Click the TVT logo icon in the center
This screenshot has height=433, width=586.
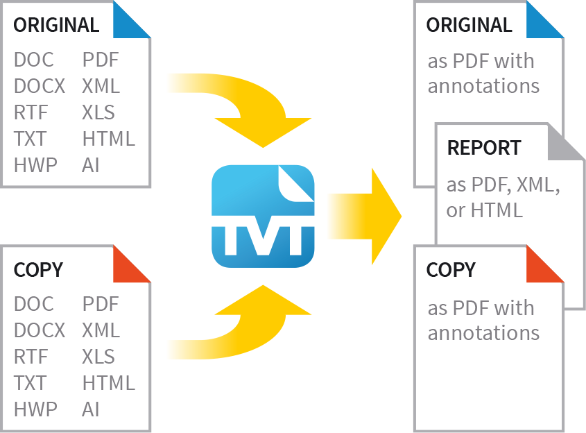pos(263,216)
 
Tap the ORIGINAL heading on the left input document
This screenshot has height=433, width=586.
pos(56,26)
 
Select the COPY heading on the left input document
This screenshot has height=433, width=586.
pos(38,270)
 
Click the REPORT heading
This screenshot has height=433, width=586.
pos(484,148)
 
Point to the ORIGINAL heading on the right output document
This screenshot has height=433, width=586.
pos(469,26)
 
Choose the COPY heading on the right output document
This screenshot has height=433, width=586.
pos(451,270)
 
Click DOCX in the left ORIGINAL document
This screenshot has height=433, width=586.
pos(40,86)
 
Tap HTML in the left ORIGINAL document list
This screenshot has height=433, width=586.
pos(108,139)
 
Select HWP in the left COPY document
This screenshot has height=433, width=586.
pos(35,409)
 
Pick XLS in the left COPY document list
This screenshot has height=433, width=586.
pos(98,357)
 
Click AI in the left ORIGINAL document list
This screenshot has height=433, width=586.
pos(91,165)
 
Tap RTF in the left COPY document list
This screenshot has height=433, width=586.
pos(31,357)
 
